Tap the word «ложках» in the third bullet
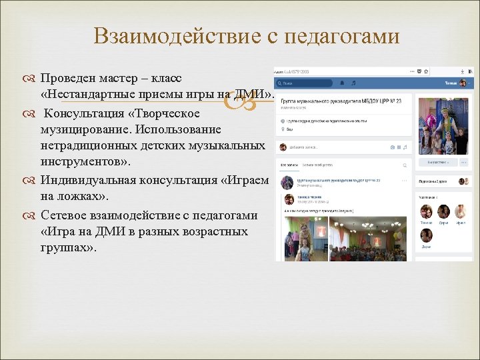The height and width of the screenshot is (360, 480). point(77,197)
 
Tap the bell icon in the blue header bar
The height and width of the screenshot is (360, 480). point(342,83)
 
